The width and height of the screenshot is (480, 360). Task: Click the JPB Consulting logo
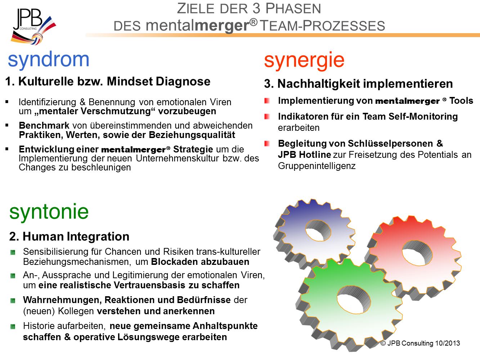(x=33, y=27)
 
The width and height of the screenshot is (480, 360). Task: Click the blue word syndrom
(x=49, y=60)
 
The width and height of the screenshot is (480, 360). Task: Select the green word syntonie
(x=49, y=212)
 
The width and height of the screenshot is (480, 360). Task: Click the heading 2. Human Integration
(x=69, y=236)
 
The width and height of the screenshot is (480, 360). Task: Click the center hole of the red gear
(x=417, y=253)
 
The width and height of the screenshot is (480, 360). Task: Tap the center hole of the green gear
(x=354, y=300)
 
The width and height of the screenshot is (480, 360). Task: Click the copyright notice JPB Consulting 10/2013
(x=420, y=343)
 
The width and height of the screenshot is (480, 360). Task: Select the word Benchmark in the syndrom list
(x=44, y=126)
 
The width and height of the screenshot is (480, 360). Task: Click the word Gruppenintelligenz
(x=317, y=166)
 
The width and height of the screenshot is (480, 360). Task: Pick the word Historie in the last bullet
(x=39, y=326)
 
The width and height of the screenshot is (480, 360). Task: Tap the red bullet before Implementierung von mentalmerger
(x=267, y=101)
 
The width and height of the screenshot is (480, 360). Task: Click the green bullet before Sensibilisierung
(x=13, y=252)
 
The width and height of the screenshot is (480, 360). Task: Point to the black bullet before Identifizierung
(x=7, y=102)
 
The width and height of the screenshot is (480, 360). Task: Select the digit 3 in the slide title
(x=256, y=9)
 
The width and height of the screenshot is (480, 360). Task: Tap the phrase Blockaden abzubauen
(x=200, y=262)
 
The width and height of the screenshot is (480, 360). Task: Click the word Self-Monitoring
(x=423, y=116)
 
